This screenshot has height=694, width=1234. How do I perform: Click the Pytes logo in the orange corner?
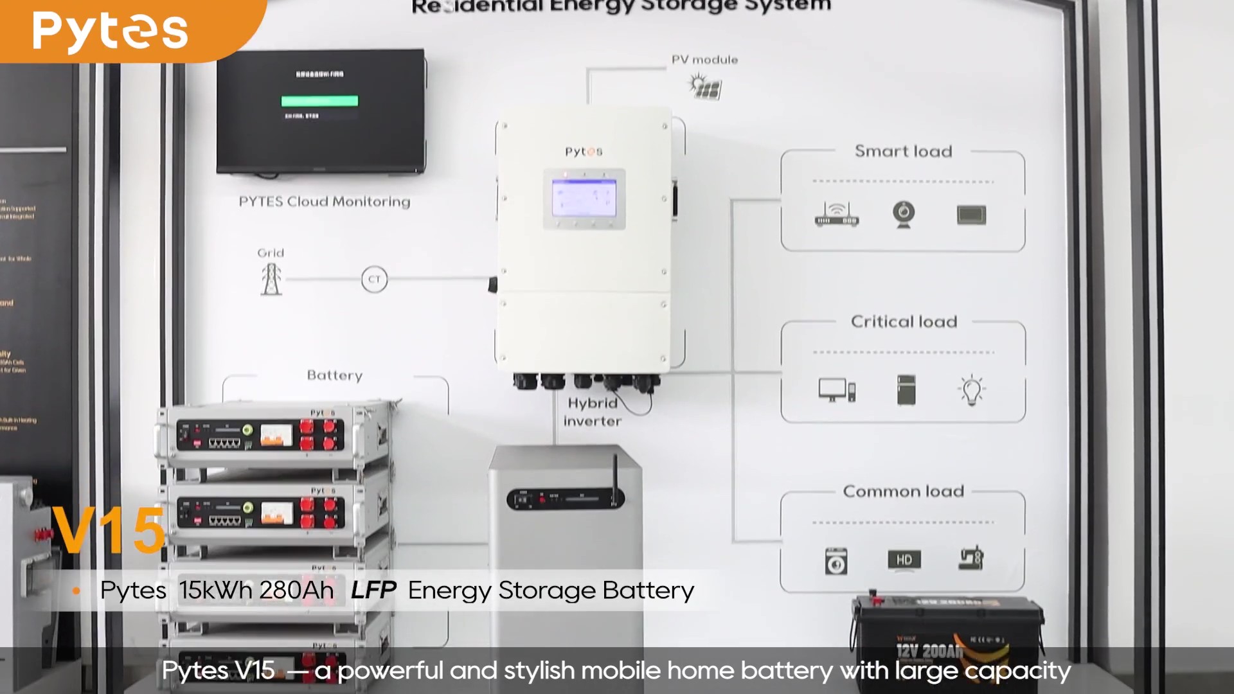(x=110, y=31)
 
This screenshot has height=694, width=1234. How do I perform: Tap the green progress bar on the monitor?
(x=319, y=101)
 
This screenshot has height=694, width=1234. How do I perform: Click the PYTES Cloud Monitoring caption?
(x=324, y=202)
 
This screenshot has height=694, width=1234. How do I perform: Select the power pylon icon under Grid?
(x=271, y=280)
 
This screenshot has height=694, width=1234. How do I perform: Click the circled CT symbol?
(x=374, y=280)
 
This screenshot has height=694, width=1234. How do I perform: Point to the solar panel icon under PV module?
(x=706, y=86)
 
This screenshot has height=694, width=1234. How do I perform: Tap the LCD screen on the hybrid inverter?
(x=584, y=199)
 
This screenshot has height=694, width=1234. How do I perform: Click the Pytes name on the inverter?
(x=584, y=152)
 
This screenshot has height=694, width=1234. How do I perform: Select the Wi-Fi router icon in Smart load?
(x=836, y=215)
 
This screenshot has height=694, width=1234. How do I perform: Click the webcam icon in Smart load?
(x=904, y=214)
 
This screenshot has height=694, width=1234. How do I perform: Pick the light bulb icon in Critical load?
(x=971, y=389)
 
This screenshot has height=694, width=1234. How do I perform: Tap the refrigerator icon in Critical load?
(x=906, y=390)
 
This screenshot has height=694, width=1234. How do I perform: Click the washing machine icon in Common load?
(x=836, y=561)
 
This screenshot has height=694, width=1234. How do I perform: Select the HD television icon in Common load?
(x=904, y=560)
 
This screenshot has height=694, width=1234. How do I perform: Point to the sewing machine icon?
(x=971, y=558)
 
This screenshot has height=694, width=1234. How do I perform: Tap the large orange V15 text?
(x=109, y=531)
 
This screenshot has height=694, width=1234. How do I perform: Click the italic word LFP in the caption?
(x=373, y=591)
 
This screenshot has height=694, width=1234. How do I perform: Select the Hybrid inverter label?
(x=592, y=412)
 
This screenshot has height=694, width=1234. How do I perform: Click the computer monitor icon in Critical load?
(x=836, y=390)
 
